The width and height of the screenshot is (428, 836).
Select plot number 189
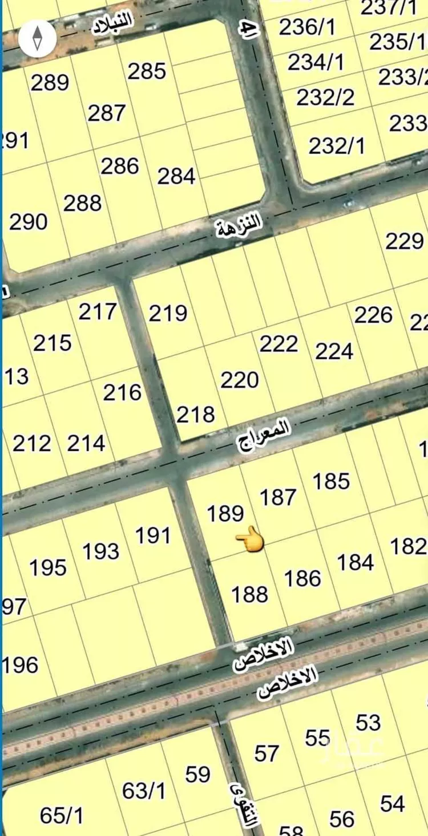coord(226,513)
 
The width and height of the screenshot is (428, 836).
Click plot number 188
coord(249,595)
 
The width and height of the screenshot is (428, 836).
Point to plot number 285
coord(147,71)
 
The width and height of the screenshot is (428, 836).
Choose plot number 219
coord(168,313)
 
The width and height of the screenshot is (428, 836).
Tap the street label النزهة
coord(239,225)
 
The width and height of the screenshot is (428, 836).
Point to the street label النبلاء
coord(113,26)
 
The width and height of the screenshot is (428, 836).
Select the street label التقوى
coord(244,805)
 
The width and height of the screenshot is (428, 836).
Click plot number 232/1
coord(337,146)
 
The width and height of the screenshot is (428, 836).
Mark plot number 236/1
coord(307,27)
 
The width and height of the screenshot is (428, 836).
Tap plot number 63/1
coord(144,791)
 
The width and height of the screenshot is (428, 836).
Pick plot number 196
coord(21,665)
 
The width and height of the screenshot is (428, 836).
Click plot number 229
coord(404,241)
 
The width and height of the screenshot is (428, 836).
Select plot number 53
coord(368,723)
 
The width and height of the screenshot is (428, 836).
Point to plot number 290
coord(29,221)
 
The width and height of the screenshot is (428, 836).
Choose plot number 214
coord(86,443)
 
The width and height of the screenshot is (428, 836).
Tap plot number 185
coord(331,481)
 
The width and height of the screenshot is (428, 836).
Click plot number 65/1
coord(62,815)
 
